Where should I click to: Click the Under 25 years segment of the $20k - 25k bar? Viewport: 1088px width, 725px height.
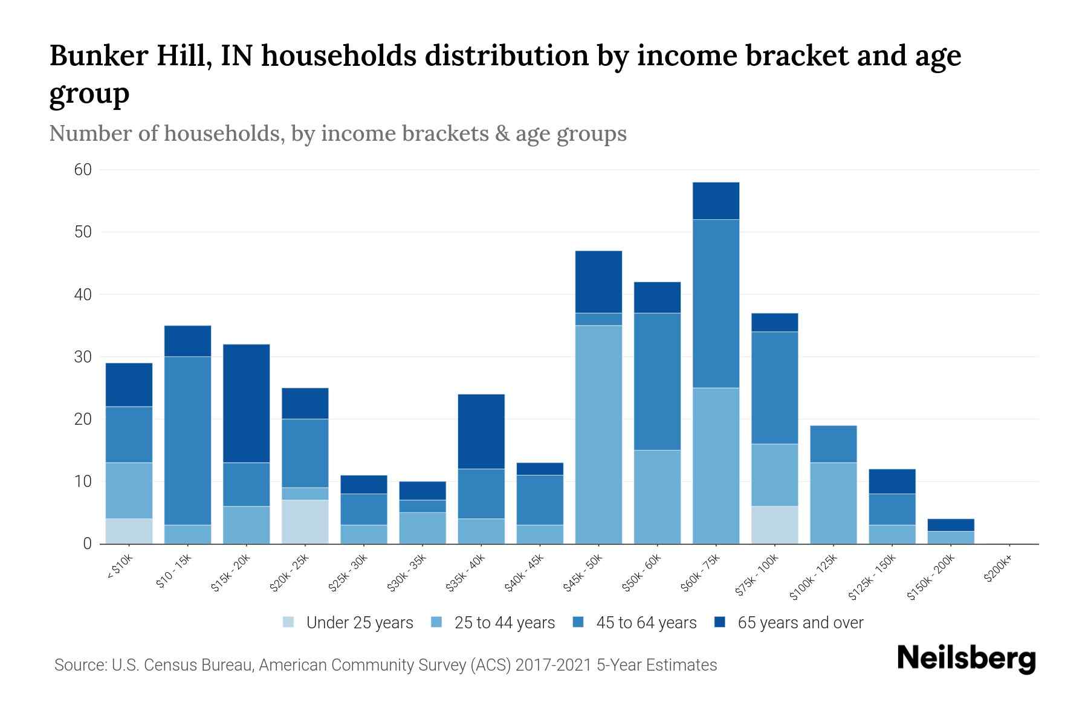pyautogui.click(x=305, y=521)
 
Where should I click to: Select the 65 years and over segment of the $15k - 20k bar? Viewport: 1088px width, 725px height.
pyautogui.click(x=247, y=403)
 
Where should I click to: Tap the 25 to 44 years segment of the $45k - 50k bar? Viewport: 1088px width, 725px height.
pyautogui.click(x=598, y=434)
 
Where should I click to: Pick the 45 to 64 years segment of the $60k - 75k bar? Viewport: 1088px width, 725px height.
pyautogui.click(x=716, y=303)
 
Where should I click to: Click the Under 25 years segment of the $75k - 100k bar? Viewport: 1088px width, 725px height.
pyautogui.click(x=774, y=524)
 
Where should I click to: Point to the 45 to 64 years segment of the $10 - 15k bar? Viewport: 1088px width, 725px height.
pyautogui.click(x=187, y=440)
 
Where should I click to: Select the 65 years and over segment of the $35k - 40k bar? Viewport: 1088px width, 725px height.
pyautogui.click(x=481, y=431)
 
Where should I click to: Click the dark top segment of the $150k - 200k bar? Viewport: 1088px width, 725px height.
pyautogui.click(x=951, y=524)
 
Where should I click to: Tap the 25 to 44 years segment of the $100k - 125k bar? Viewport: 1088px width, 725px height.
pyautogui.click(x=833, y=503)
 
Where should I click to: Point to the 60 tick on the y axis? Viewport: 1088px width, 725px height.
pyautogui.click(x=83, y=170)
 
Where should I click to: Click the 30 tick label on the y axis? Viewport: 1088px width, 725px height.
pyautogui.click(x=83, y=357)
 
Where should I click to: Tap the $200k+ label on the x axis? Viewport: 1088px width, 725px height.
pyautogui.click(x=997, y=570)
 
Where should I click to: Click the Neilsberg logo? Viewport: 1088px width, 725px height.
pyautogui.click(x=966, y=659)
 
